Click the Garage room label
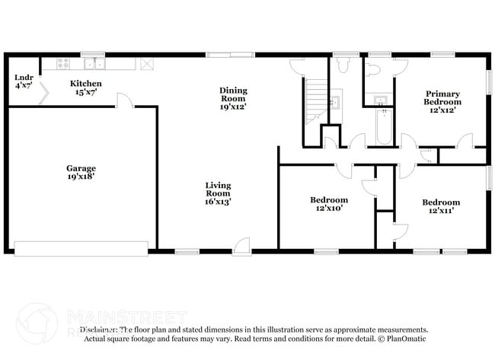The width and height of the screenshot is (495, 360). (x=81, y=168)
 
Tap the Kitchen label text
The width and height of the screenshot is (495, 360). (x=86, y=84)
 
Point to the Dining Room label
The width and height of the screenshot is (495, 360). (x=234, y=94)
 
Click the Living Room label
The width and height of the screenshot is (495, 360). (x=218, y=190)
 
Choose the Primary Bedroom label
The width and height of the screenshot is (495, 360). (x=442, y=97)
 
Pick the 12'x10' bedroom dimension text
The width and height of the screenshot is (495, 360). (x=328, y=209)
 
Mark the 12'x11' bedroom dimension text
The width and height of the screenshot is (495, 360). (x=442, y=212)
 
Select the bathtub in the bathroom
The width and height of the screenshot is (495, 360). (x=384, y=126)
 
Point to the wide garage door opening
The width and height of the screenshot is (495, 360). (x=81, y=248)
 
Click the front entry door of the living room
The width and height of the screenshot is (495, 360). (x=243, y=245)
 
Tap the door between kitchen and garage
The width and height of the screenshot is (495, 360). (x=123, y=100)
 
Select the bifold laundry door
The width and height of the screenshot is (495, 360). (x=45, y=93)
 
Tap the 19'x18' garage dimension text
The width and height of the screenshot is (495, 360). (x=81, y=177)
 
